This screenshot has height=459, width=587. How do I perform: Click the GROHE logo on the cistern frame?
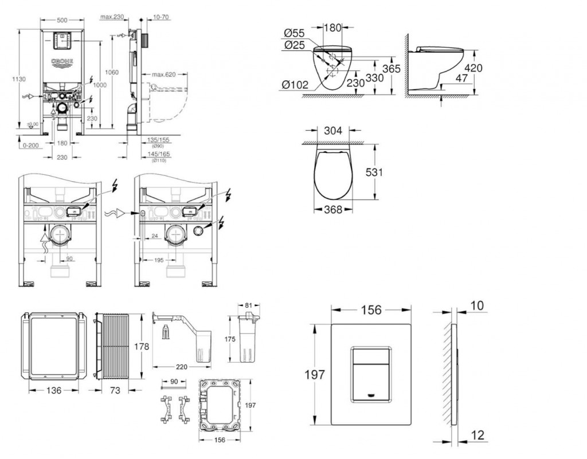coord(62,62)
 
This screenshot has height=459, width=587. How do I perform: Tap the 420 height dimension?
coord(473,68)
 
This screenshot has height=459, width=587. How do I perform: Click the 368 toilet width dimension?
coord(332,210)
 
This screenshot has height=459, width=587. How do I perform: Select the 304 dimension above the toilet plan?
coord(333,131)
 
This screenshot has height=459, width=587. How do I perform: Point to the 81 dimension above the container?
coord(249,305)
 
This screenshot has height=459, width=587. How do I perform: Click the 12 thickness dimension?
coord(476,436)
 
